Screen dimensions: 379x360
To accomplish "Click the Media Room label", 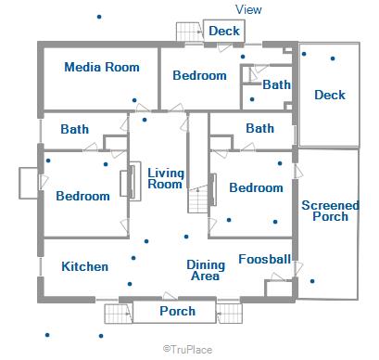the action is tap(102, 67).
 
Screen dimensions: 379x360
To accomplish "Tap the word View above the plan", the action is tap(248, 9).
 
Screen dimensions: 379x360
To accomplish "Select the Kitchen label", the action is tap(85, 266).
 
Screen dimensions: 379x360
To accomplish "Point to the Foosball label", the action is tap(265, 259).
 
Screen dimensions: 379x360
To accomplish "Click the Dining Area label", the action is tap(206, 270).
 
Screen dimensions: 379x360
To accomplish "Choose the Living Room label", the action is tap(166, 178).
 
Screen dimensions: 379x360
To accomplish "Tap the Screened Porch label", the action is tap(330, 211).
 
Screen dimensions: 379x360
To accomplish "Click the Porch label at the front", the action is tap(178, 311).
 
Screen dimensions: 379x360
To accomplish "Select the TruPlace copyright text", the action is tap(187, 350).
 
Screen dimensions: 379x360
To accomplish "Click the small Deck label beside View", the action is tap(224, 31).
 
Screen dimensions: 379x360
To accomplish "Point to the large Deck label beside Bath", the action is tap(330, 95).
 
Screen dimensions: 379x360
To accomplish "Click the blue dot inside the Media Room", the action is tap(134, 100).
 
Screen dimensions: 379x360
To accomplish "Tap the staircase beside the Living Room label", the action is tap(198, 199).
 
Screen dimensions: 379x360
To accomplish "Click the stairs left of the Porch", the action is tap(119, 314).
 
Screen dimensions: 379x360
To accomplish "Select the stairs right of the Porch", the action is tap(229, 314).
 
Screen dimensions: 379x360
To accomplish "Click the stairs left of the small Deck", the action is tap(189, 32).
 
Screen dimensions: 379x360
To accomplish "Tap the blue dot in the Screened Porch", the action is tap(312, 281).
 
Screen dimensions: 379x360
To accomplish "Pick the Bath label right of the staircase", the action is tap(259, 128).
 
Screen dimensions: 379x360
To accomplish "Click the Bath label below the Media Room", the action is tap(75, 129).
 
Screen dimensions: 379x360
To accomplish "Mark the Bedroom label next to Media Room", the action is tap(199, 75).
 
